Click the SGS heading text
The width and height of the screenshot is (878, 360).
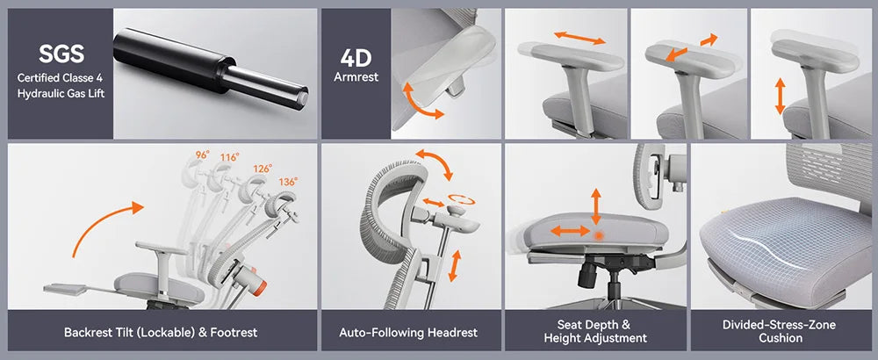click(61, 54)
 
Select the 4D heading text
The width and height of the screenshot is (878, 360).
click(356, 59)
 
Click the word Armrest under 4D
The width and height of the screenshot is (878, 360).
click(356, 76)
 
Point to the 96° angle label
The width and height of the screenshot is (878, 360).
click(203, 155)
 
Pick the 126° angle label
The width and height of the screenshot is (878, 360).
click(263, 168)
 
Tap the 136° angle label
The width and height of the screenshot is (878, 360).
click(287, 182)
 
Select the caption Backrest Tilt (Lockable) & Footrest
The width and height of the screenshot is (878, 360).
click(160, 334)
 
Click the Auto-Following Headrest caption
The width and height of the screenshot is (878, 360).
click(408, 334)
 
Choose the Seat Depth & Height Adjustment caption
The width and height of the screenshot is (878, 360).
click(595, 332)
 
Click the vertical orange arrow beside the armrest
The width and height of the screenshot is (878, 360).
click(780, 97)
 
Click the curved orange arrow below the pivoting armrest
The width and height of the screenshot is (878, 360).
click(421, 104)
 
